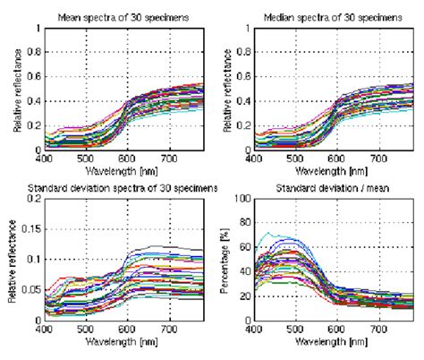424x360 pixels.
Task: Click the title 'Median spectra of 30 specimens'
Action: (333, 17)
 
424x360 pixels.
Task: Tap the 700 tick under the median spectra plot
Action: (374, 157)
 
